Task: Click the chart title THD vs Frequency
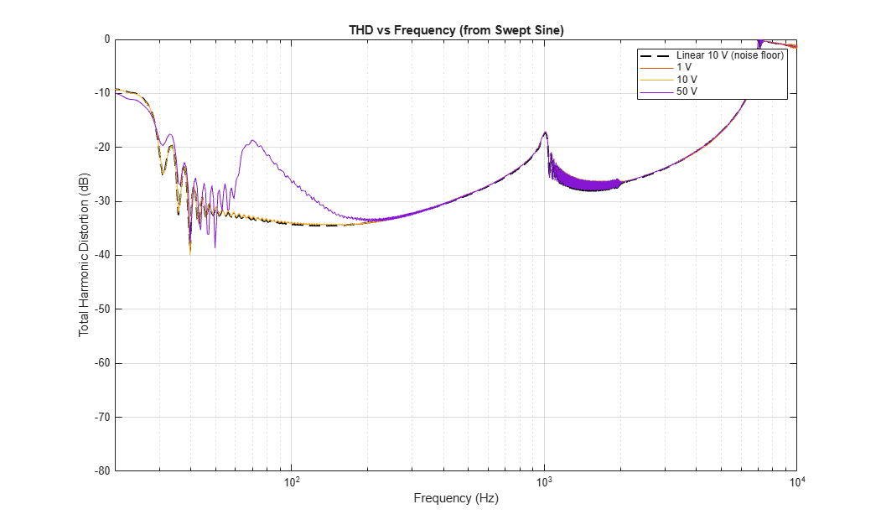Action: [x=456, y=30]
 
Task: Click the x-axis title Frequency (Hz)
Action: [x=456, y=498]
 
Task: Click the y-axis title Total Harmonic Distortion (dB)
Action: [x=84, y=255]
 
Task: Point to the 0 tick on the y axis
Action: [x=107, y=39]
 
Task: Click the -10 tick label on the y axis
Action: [x=103, y=93]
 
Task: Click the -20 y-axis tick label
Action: [x=103, y=148]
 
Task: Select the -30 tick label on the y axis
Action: [x=103, y=201]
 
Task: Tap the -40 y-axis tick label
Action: [x=103, y=255]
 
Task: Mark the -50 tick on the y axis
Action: [x=103, y=309]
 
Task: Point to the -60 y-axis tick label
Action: [x=103, y=363]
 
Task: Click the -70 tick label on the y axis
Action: [x=103, y=417]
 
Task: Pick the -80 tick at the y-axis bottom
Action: [x=103, y=471]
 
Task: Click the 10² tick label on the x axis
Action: [x=291, y=481]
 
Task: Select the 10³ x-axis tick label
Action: [x=544, y=481]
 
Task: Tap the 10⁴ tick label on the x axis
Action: [x=796, y=481]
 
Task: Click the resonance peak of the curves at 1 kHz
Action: [x=545, y=132]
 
